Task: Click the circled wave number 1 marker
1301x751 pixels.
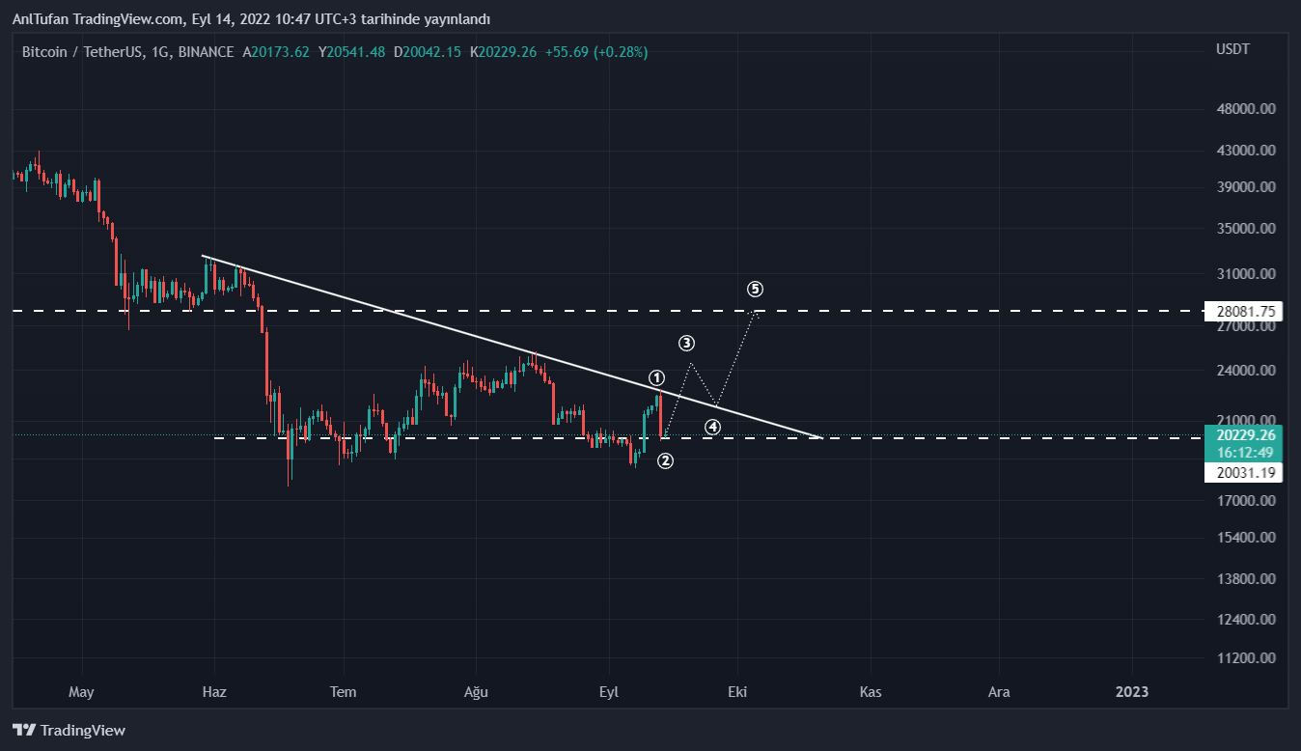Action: click(656, 377)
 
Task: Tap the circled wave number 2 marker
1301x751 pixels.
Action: click(665, 461)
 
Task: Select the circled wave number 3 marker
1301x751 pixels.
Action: click(686, 343)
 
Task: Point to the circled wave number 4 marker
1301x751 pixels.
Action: click(712, 427)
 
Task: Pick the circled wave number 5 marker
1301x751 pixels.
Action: click(755, 289)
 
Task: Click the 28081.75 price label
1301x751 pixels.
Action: click(1244, 311)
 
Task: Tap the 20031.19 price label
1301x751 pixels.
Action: click(1244, 472)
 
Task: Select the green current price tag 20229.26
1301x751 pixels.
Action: click(1244, 435)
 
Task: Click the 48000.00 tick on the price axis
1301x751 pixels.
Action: click(1246, 109)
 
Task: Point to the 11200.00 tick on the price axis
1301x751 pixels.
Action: click(1246, 658)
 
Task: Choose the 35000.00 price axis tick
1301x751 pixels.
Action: click(1246, 230)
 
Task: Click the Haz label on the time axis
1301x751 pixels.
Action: click(213, 691)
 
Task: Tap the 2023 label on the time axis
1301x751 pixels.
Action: click(1132, 691)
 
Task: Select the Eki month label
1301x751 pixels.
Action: click(737, 691)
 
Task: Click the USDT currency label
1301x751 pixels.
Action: click(1232, 49)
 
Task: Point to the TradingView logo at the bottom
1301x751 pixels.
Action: click(69, 730)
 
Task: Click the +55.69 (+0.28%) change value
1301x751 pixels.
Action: click(595, 52)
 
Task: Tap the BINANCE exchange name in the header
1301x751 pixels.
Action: click(206, 52)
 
